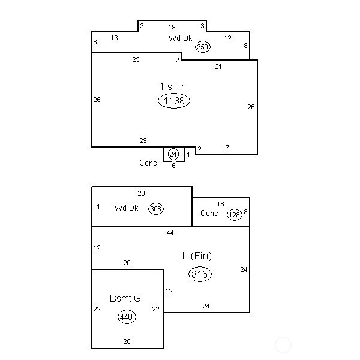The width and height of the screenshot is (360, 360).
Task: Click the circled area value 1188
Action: tap(174, 101)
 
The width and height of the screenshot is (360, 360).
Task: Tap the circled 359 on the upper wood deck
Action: tap(203, 47)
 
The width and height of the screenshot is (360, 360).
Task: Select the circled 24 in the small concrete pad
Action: tap(173, 154)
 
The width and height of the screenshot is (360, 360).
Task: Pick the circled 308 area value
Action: tap(156, 209)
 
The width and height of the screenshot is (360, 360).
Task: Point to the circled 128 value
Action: tap(235, 215)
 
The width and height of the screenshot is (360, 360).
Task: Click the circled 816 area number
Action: tap(200, 274)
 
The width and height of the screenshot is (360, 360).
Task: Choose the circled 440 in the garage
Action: tap(127, 317)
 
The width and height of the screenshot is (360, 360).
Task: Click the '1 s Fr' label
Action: tap(172, 86)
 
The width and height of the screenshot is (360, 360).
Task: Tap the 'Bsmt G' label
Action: tap(125, 298)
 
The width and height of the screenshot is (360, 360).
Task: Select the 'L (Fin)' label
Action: tap(197, 256)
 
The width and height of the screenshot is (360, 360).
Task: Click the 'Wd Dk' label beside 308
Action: tap(126, 208)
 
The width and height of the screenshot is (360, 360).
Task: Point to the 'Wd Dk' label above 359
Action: tap(180, 38)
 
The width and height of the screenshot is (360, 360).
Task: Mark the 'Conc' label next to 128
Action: tap(209, 213)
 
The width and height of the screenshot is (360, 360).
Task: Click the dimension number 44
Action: tap(170, 233)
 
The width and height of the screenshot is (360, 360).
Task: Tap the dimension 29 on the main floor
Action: tap(143, 140)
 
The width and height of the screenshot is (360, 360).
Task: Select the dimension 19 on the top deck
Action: tap(172, 28)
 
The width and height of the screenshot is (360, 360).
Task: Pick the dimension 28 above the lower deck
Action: tap(141, 193)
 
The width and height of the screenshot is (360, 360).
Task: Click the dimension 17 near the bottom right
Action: tap(226, 148)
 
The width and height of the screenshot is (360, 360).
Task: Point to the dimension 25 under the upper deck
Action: tap(136, 59)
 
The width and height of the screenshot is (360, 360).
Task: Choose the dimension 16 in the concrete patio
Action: tap(220, 204)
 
